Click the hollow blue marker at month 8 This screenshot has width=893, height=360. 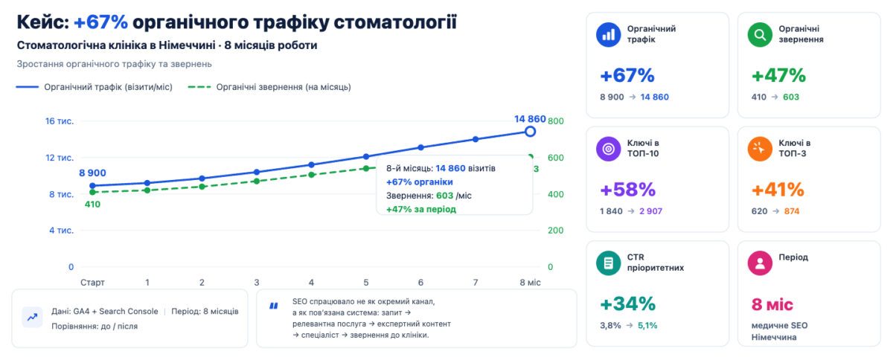(x=530, y=131)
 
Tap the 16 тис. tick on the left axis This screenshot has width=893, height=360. (x=60, y=121)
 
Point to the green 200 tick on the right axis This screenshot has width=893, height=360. (x=555, y=231)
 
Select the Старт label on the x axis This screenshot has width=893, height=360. (x=92, y=282)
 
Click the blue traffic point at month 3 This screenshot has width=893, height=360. (x=257, y=172)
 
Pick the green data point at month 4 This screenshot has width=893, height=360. (x=311, y=175)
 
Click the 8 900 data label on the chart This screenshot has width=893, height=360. (x=92, y=173)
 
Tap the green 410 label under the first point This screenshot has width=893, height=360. (x=92, y=204)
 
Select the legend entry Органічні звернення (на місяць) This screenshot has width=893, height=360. (x=269, y=87)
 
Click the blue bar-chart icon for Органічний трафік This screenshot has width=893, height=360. (x=609, y=35)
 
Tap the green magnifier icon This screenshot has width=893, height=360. (x=760, y=35)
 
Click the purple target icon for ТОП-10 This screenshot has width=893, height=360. (x=609, y=149)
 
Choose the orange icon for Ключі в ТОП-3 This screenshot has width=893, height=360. (x=760, y=149)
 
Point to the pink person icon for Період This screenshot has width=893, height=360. (x=760, y=263)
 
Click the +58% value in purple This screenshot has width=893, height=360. (x=628, y=190)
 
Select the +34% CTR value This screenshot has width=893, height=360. (x=628, y=303)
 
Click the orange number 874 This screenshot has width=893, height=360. (x=792, y=211)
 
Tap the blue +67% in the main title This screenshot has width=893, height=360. (x=101, y=22)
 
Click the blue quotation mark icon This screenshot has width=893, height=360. (x=274, y=306)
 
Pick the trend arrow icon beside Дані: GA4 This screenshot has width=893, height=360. (x=32, y=318)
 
